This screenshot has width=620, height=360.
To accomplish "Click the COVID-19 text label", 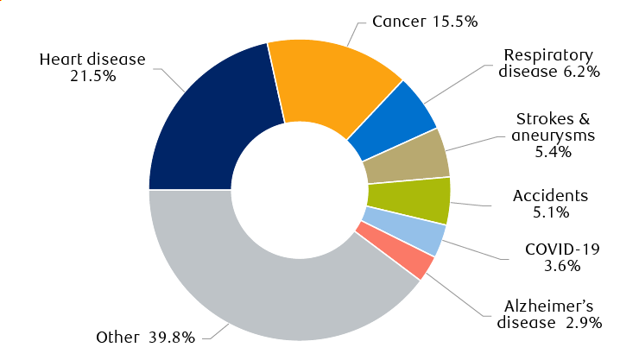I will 561,249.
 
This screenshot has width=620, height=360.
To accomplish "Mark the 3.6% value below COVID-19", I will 562,266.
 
